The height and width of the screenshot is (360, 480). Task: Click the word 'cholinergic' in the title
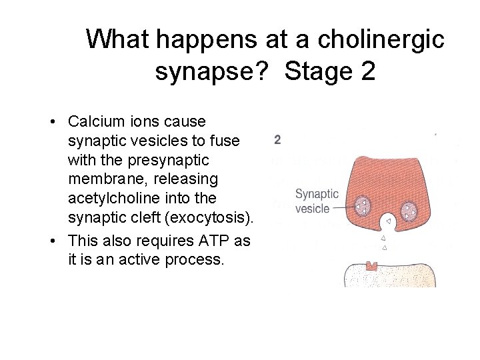coord(381,39)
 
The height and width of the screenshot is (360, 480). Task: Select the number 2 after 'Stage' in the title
coord(367,71)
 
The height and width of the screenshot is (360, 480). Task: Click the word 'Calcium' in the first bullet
coord(95,122)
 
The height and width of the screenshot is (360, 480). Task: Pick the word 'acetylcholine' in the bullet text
coord(109,198)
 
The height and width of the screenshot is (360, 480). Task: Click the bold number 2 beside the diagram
coord(277,140)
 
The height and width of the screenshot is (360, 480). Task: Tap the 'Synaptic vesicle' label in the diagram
coord(316,201)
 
